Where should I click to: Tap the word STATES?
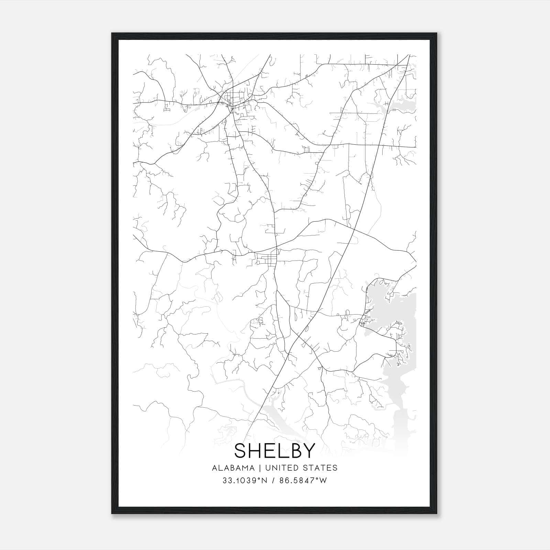click(322, 468)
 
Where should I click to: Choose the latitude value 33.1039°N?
click(244, 481)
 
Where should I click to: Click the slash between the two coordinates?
click(274, 481)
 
